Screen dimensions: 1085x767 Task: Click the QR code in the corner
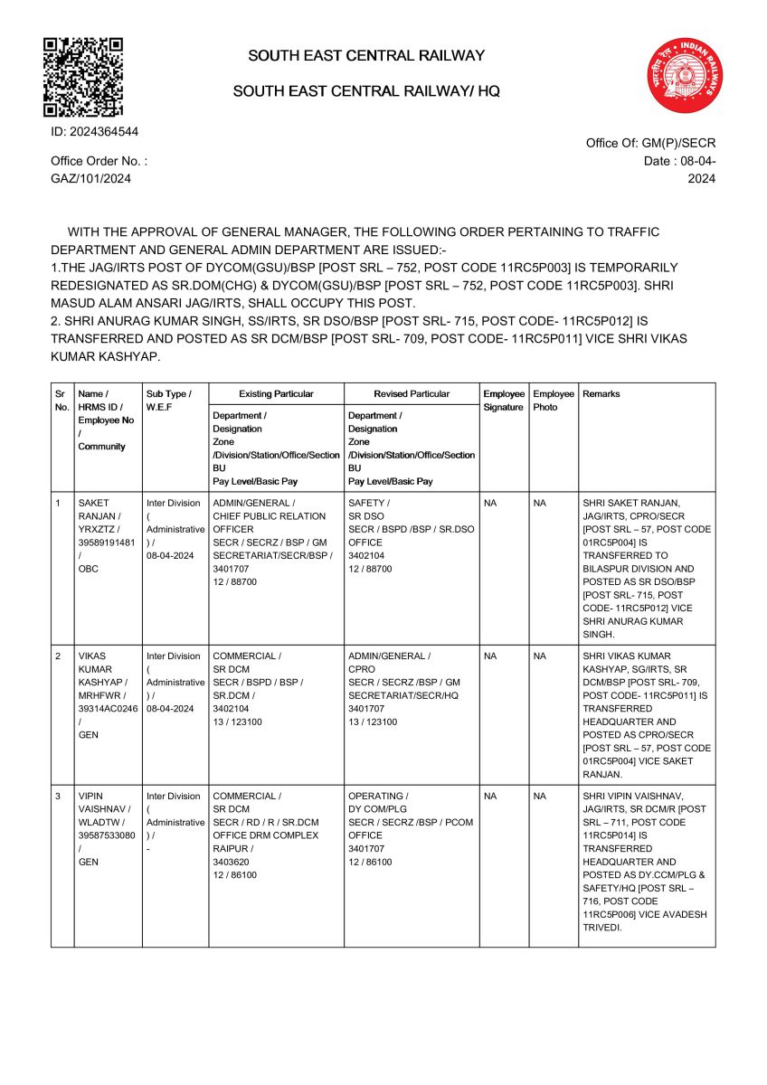[83, 77]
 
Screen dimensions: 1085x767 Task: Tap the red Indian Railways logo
[685, 76]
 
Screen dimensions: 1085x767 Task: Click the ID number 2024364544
[94, 132]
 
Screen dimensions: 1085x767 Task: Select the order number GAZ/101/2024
[90, 178]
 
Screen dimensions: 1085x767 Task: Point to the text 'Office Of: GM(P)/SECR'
[650, 143]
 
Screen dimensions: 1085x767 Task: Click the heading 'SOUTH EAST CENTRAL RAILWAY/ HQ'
[366, 91]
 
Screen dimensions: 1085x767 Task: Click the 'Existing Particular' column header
[276, 394]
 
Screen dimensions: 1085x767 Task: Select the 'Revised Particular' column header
[412, 394]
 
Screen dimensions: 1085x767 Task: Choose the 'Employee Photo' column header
[553, 401]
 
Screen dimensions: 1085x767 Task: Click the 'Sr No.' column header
[60, 401]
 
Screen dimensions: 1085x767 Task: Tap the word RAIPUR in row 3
[231, 849]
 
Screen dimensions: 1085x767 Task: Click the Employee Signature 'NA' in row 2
[490, 656]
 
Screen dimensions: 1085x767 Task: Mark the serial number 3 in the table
[58, 797]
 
